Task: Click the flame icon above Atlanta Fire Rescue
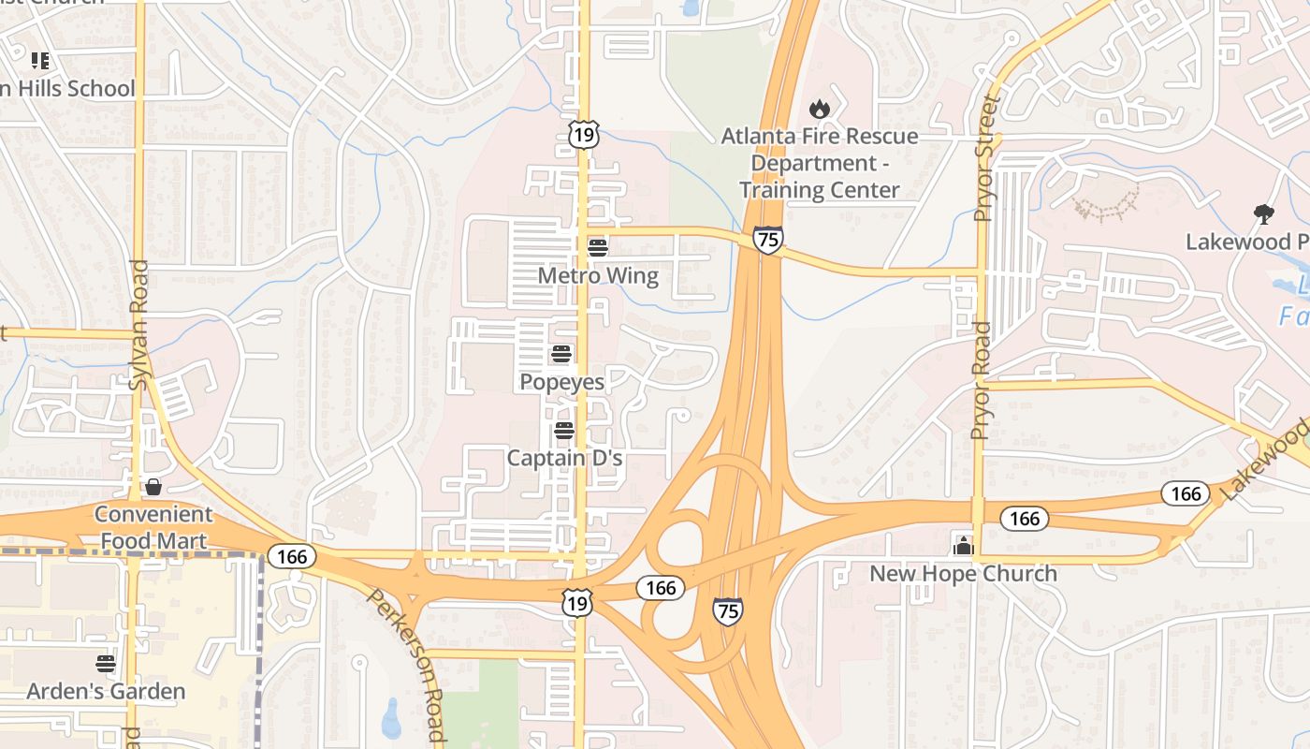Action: click(820, 109)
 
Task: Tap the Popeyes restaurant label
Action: click(561, 382)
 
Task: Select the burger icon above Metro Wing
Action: click(598, 248)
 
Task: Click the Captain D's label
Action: click(564, 459)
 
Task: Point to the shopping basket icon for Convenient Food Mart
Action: click(153, 487)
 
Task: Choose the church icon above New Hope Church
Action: click(963, 546)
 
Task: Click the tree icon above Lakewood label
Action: click(1263, 214)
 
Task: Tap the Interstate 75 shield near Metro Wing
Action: click(767, 240)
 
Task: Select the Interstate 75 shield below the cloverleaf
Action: click(727, 611)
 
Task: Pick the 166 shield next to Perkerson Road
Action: click(292, 557)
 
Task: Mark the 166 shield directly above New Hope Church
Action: click(1025, 518)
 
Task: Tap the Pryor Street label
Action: click(986, 157)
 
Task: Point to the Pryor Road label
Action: click(980, 380)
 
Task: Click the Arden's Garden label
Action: click(106, 692)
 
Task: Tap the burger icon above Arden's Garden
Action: click(106, 664)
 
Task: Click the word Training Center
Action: click(820, 190)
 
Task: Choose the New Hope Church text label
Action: click(963, 574)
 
